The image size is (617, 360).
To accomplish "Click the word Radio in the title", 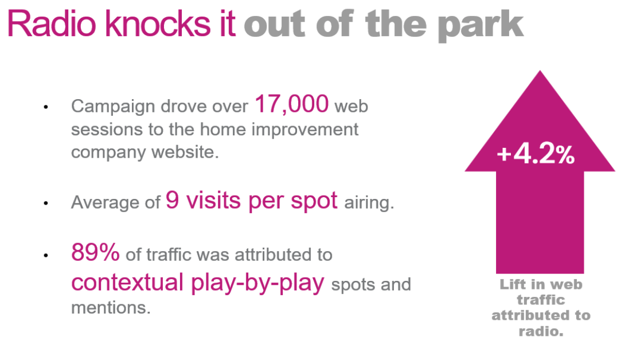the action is tap(52, 24).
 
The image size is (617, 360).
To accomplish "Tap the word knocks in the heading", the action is tap(158, 24).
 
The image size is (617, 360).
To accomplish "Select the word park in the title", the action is tap(481, 26).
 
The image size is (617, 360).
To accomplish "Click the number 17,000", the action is tap(291, 104).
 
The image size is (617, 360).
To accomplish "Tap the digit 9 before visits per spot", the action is tap(173, 200).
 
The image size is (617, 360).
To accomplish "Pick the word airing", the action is tap(369, 203).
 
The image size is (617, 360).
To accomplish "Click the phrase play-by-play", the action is tap(257, 283).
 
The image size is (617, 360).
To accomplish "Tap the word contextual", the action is tap(127, 282).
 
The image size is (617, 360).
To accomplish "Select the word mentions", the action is tap(111, 307).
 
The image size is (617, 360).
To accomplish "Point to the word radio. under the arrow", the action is tap(541, 331).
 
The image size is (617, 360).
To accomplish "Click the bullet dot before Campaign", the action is tap(46, 107).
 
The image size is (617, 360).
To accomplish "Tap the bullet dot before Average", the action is tap(46, 203).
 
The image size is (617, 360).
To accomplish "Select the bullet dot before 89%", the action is tap(46, 255).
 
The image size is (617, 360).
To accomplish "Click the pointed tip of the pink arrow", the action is tap(540, 71).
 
